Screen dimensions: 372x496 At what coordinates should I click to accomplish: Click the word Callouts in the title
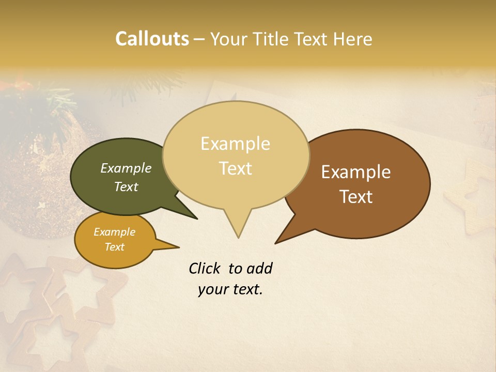tap(152, 39)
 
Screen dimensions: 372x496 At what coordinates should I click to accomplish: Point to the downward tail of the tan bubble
tap(238, 227)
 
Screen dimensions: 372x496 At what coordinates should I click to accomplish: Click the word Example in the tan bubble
tap(235, 144)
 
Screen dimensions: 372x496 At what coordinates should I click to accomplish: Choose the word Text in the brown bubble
tap(357, 197)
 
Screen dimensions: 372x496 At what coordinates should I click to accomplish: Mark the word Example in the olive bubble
tap(126, 168)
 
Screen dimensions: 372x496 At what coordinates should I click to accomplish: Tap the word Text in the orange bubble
tap(115, 247)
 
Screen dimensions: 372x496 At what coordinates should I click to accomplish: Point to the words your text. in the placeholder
tap(230, 290)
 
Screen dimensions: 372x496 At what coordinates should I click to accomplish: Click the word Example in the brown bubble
tap(356, 172)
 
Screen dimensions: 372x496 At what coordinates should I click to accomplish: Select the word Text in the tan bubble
tap(235, 168)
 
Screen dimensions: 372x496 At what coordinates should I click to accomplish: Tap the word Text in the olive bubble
tap(126, 187)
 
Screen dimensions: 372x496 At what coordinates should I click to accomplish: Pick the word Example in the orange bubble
tap(115, 232)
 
